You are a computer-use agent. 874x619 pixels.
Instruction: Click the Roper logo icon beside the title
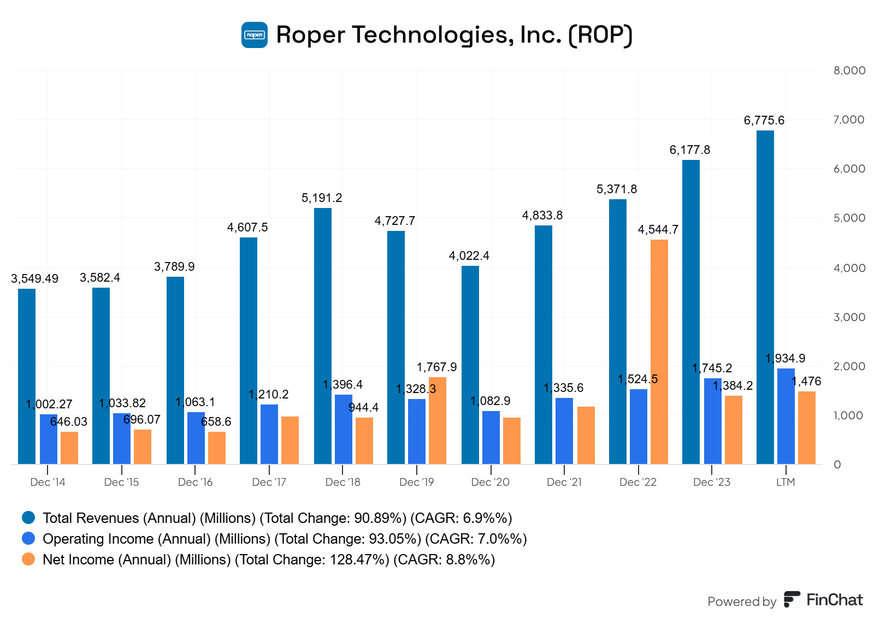tap(255, 35)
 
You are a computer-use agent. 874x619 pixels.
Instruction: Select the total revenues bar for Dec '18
tap(323, 336)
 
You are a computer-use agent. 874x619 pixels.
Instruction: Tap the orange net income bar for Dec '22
tap(659, 352)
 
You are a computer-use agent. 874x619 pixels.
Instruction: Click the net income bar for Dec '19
tap(437, 420)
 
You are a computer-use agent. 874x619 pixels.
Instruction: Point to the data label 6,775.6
tap(764, 120)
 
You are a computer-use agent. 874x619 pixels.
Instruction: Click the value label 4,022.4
tap(469, 255)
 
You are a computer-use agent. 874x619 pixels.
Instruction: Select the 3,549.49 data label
tap(34, 278)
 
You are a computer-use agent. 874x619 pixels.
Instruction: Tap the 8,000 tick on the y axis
tap(849, 70)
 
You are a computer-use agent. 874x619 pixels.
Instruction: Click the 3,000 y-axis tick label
tap(849, 317)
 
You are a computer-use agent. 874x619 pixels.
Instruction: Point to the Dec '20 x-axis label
tap(490, 482)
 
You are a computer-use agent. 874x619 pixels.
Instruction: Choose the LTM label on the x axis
tap(786, 482)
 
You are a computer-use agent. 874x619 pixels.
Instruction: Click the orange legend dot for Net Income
tap(28, 559)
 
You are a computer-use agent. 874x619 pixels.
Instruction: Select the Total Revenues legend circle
tap(28, 517)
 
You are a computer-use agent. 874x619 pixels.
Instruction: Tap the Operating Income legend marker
tap(28, 538)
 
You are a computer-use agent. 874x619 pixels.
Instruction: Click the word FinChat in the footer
tap(834, 600)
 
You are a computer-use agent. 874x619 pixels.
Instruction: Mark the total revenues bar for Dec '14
tap(27, 377)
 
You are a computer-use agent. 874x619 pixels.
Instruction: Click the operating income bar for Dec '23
tap(712, 421)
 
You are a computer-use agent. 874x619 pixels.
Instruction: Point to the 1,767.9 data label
tap(436, 367)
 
